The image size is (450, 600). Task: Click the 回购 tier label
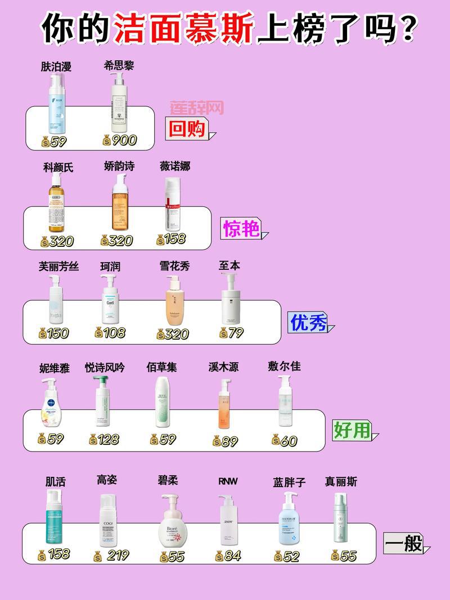pos(186,129)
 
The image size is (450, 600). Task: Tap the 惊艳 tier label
pos(242,228)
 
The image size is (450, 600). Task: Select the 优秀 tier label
pos(308,322)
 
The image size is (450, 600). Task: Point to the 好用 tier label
pos(352,430)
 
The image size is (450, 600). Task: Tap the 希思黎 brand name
pos(119,66)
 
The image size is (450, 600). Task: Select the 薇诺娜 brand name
pos(175,166)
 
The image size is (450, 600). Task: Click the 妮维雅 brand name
pos(55,368)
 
